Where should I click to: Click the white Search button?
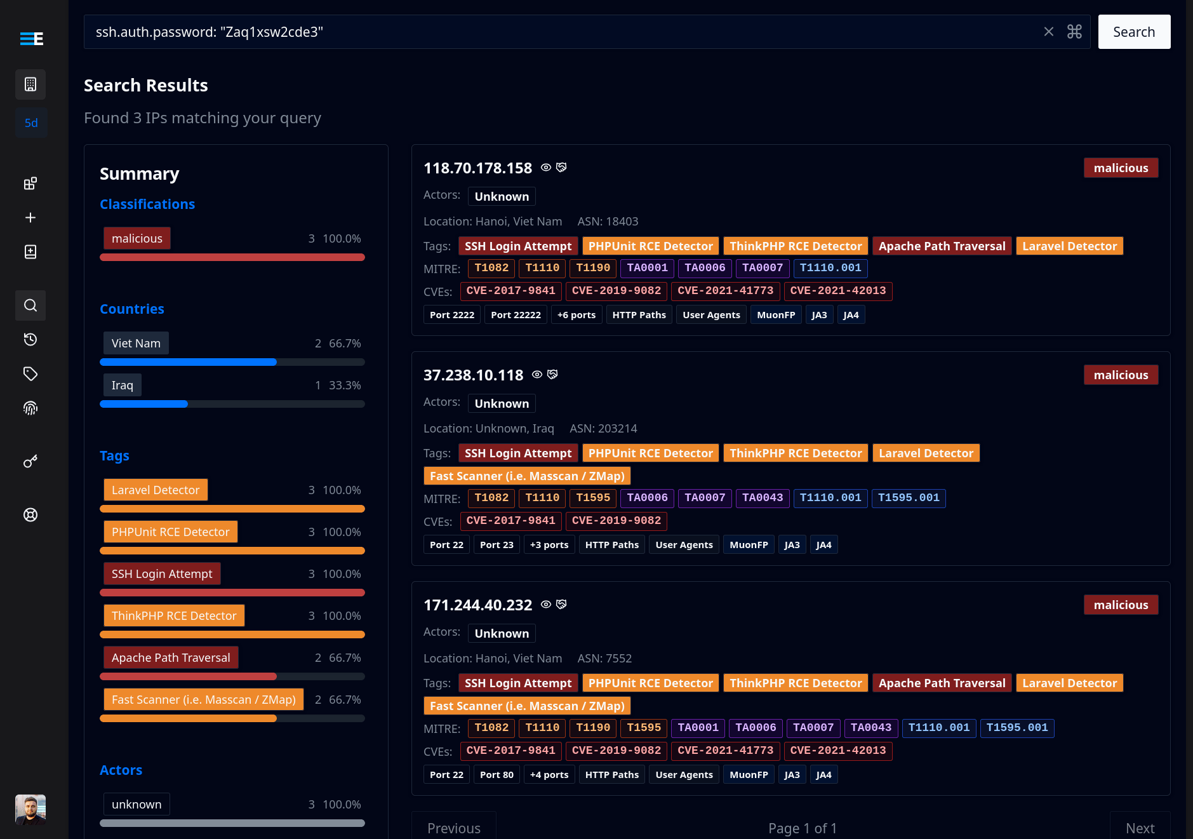[x=1134, y=32]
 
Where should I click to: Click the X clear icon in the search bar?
[x=1049, y=32]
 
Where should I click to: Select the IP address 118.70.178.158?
[x=477, y=168]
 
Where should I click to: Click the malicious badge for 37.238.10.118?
[x=1121, y=375]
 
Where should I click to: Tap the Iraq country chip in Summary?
[x=123, y=385]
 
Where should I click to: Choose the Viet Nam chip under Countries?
[x=136, y=343]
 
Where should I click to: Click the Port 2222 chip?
[x=452, y=315]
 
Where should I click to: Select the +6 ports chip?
[x=577, y=315]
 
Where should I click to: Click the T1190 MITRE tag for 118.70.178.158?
[x=592, y=268]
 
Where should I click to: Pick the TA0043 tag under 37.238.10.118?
[x=763, y=498]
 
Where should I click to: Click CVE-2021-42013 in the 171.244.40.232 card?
[x=837, y=751]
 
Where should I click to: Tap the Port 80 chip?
[x=497, y=775]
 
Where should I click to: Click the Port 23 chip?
[x=497, y=545]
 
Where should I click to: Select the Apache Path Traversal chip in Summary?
[x=171, y=657]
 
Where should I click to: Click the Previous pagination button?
[x=453, y=828]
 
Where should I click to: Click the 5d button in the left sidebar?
[x=30, y=123]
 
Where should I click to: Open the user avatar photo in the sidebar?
[x=30, y=809]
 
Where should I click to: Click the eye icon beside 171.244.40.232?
[x=546, y=605]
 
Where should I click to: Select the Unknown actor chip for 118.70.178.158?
[x=502, y=196]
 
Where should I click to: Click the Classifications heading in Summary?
[x=147, y=204]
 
